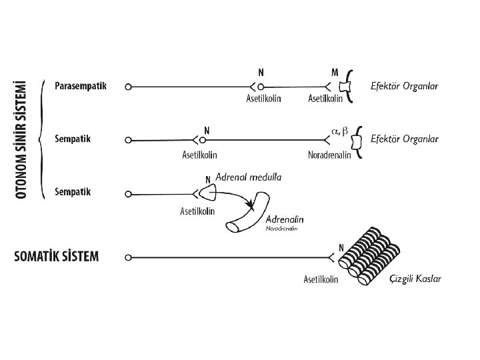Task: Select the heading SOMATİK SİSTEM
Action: tap(57, 257)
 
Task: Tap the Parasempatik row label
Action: tap(81, 86)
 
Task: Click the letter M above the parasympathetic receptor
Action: tap(334, 71)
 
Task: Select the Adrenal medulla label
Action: tap(249, 177)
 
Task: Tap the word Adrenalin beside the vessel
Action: tap(286, 219)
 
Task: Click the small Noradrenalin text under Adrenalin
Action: tap(281, 229)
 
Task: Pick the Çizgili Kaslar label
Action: tap(415, 279)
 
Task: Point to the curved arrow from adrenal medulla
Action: tap(237, 197)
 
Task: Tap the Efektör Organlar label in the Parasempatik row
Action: tap(405, 86)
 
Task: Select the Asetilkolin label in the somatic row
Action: tap(321, 279)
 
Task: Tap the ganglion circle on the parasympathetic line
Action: tap(261, 86)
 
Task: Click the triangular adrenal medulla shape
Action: tap(209, 193)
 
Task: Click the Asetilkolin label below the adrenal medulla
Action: tap(197, 211)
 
